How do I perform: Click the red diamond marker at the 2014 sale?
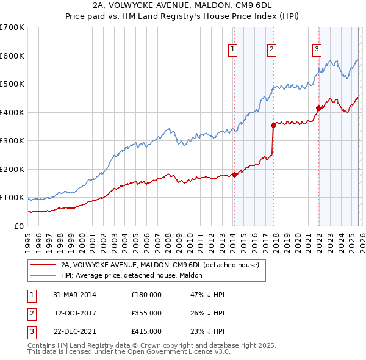click(x=234, y=175)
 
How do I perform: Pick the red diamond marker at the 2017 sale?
click(x=273, y=125)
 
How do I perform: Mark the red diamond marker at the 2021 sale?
click(x=318, y=109)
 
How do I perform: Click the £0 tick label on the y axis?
click(x=20, y=226)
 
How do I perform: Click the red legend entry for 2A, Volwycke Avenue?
click(x=160, y=265)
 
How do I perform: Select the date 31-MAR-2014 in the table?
click(x=74, y=295)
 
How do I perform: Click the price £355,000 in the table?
click(x=146, y=313)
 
